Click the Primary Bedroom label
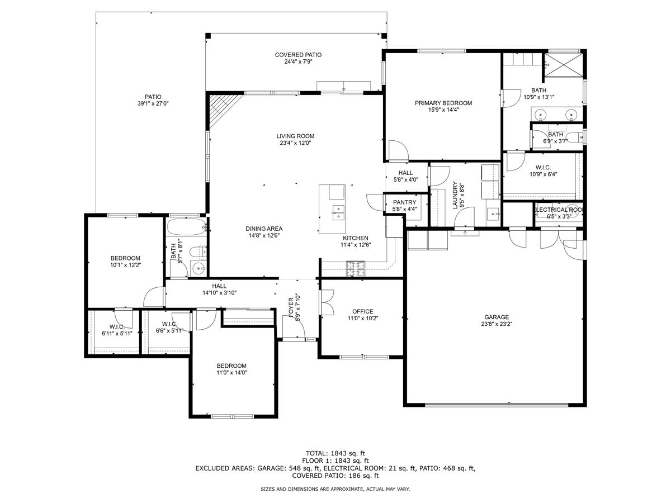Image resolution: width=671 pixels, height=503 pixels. pyautogui.click(x=443, y=103)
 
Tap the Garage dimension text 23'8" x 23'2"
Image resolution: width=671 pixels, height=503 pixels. pyautogui.click(x=497, y=324)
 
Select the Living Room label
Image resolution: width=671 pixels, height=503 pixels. pyautogui.click(x=295, y=136)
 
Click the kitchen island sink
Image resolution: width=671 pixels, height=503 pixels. pyautogui.click(x=337, y=211)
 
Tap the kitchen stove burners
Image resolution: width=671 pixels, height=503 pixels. pyautogui.click(x=355, y=269)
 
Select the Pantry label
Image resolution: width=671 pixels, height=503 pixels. pyautogui.click(x=405, y=202)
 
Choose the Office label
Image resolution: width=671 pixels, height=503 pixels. pyautogui.click(x=362, y=311)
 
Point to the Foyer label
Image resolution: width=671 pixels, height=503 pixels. pyautogui.click(x=291, y=307)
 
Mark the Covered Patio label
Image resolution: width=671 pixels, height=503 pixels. pyautogui.click(x=298, y=55)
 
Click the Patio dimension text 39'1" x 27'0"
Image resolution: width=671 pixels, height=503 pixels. pyautogui.click(x=153, y=104)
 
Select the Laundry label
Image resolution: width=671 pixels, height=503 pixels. pyautogui.click(x=455, y=195)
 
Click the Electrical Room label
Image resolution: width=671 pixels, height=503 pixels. pyautogui.click(x=559, y=210)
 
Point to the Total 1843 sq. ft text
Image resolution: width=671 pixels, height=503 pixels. pyautogui.click(x=335, y=453)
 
